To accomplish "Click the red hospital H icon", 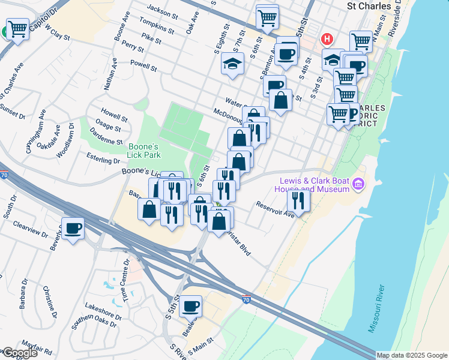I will coord(327,40).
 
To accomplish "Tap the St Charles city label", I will coord(369,6).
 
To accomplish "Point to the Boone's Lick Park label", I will coord(143,150).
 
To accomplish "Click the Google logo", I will coord(19,353).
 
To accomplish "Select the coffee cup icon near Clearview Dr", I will coord(73,228).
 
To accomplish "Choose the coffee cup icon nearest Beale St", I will coord(191,306).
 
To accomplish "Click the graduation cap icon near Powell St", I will coord(232,63).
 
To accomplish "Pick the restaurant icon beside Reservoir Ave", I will coord(298,200).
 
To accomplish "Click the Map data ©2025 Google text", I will coord(412,355).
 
